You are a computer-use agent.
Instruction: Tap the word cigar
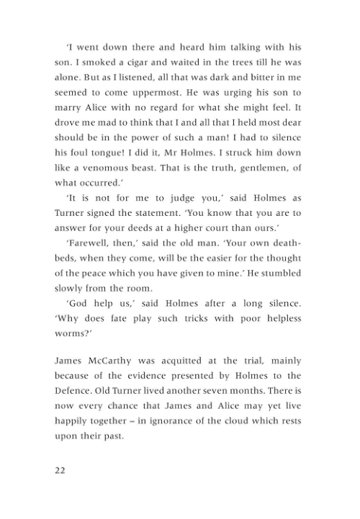(x=135, y=63)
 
